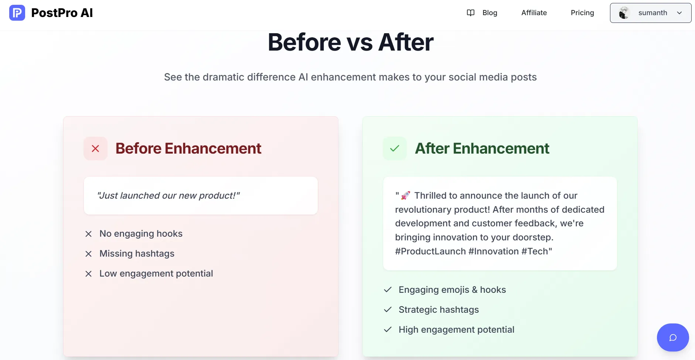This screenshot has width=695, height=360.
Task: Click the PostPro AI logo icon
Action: pyautogui.click(x=17, y=13)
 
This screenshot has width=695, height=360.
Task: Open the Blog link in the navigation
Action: pyautogui.click(x=490, y=13)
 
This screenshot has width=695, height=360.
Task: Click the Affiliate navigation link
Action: pyautogui.click(x=534, y=13)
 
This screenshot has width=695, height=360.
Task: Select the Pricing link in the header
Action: pyautogui.click(x=582, y=13)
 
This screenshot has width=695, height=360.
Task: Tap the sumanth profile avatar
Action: pyautogui.click(x=624, y=13)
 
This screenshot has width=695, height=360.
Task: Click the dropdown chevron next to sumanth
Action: pyautogui.click(x=679, y=13)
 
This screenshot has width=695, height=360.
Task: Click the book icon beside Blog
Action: pyautogui.click(x=470, y=13)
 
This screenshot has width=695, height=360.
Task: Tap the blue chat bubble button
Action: pyautogui.click(x=673, y=337)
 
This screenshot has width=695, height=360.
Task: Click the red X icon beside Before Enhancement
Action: pyautogui.click(x=95, y=148)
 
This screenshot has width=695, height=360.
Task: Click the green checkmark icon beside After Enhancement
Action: pyautogui.click(x=395, y=148)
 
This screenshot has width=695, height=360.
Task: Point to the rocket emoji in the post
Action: pyautogui.click(x=405, y=195)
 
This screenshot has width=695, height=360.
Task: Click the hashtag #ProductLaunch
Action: pyautogui.click(x=430, y=251)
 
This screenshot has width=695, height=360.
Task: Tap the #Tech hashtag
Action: pyautogui.click(x=535, y=251)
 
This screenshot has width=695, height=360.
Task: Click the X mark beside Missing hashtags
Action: pyautogui.click(x=88, y=254)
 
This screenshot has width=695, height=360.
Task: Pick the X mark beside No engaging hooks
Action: pyautogui.click(x=88, y=234)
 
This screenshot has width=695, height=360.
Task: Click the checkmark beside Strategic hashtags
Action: pyautogui.click(x=388, y=309)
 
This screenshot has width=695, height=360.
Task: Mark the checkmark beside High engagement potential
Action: pyautogui.click(x=388, y=329)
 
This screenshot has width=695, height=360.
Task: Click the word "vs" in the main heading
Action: pyautogui.click(x=360, y=43)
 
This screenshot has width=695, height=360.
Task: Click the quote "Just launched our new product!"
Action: pyautogui.click(x=168, y=195)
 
